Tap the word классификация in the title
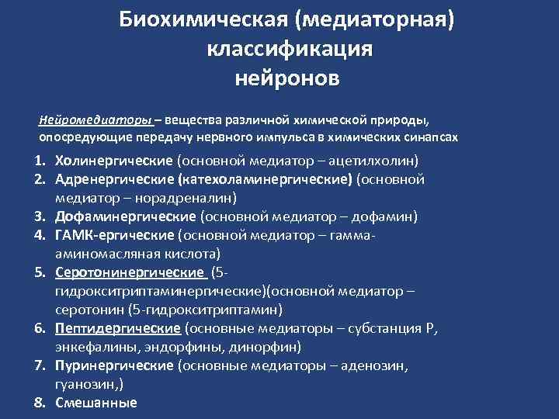coord(290,48)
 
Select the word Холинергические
coord(115,161)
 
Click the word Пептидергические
coord(117,328)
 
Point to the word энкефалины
coord(91,347)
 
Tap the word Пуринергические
coord(115,365)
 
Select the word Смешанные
coord(95,403)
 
